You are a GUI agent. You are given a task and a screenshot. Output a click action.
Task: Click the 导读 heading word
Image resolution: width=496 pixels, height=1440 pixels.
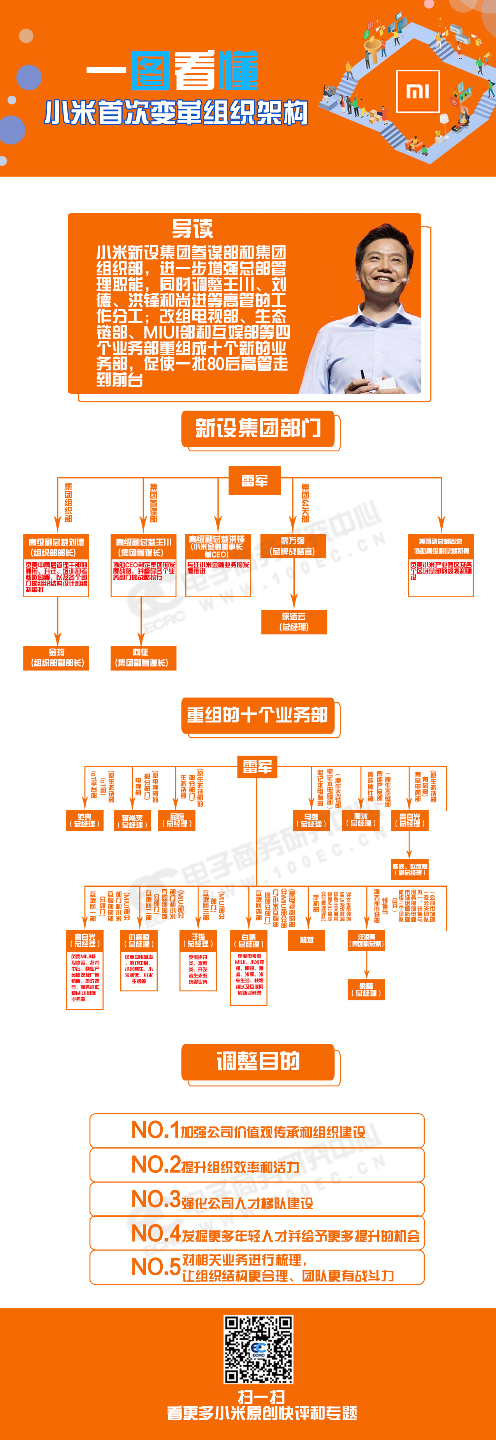(192, 228)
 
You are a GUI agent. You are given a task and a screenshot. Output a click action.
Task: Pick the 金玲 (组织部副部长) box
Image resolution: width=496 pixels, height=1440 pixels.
(56, 658)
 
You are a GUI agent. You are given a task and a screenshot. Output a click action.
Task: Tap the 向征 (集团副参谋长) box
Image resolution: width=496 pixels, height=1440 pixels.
(143, 658)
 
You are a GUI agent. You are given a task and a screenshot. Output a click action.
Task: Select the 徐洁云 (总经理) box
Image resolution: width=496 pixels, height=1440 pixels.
(294, 622)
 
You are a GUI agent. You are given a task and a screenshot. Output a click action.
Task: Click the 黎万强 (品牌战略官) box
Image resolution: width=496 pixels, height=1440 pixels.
(294, 545)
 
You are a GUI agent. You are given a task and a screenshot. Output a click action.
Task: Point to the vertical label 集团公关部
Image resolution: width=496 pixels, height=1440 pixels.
(305, 502)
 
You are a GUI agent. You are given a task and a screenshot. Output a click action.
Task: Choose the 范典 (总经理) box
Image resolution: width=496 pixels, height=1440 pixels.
(85, 820)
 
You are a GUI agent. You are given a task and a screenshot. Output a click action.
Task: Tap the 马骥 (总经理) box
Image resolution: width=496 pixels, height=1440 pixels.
(311, 820)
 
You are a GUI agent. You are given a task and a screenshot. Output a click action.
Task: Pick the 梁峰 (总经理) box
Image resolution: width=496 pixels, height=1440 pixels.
(366, 989)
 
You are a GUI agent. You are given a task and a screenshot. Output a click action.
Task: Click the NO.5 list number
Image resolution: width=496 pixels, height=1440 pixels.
(155, 1267)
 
